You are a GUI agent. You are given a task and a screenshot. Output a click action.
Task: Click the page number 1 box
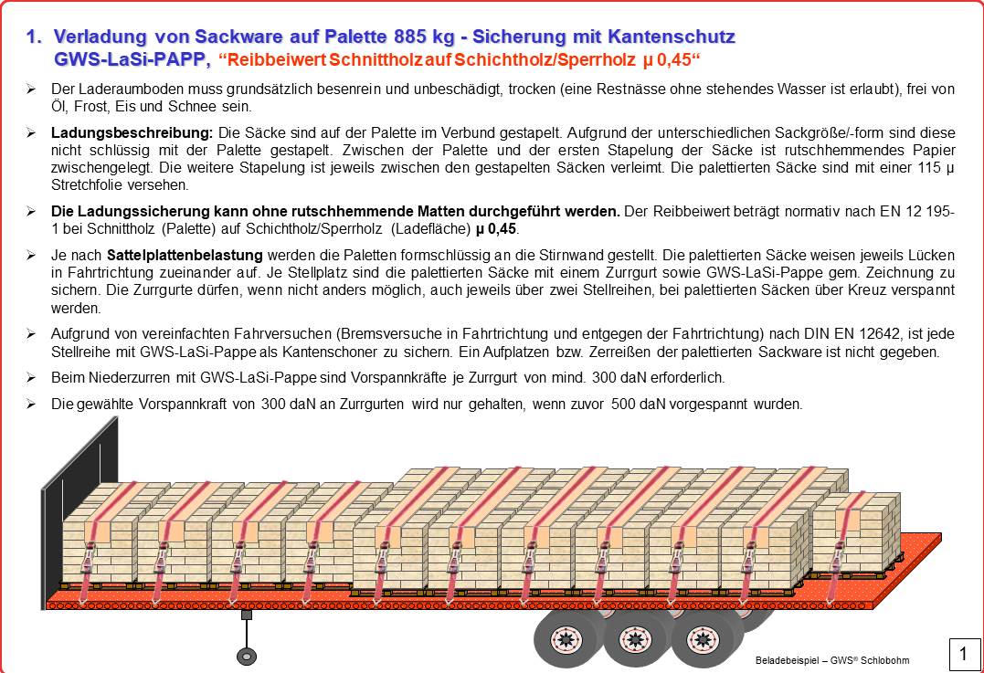coord(963,654)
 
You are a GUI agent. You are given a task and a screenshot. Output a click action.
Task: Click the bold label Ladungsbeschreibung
coord(132,132)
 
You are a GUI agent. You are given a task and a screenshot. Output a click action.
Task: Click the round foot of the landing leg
coord(246,656)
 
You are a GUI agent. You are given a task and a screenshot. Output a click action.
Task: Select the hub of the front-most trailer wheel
coord(564,637)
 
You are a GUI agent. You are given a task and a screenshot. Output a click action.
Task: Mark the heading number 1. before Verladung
coord(35,37)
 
